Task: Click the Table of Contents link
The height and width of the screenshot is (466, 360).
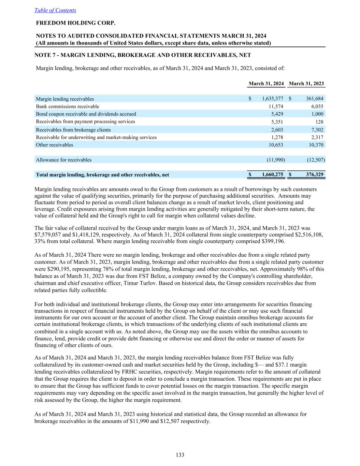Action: (55, 10)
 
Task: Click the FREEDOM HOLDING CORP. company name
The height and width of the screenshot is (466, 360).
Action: (76, 23)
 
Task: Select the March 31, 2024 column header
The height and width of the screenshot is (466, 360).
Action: (266, 84)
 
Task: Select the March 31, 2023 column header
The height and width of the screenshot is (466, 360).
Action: (306, 84)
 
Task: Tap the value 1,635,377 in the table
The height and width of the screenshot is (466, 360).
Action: (273, 99)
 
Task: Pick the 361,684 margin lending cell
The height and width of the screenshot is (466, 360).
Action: (315, 99)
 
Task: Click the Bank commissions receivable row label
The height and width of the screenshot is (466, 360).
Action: (68, 107)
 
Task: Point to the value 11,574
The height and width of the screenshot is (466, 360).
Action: (276, 107)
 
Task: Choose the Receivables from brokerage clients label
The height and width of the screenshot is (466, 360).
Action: (73, 130)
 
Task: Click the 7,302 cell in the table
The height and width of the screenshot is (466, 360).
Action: (317, 130)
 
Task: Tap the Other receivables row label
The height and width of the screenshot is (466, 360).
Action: (55, 145)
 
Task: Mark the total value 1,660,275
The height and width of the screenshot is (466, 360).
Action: (273, 175)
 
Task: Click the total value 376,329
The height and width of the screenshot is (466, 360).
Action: (315, 175)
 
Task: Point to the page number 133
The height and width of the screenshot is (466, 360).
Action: (180, 455)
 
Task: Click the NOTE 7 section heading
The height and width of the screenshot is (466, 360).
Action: (143, 55)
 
